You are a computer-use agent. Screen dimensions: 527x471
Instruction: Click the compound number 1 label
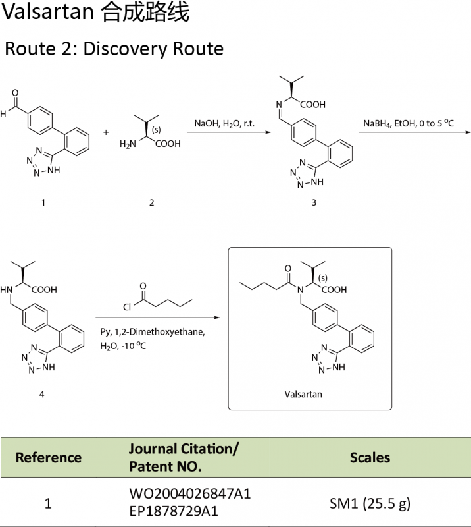[43, 202]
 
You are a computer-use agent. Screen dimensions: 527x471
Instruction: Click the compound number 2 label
[151, 202]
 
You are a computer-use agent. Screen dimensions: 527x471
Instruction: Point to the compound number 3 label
[314, 202]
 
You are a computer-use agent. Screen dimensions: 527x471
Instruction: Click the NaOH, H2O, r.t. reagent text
[224, 123]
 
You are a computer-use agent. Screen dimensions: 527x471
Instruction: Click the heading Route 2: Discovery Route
[114, 49]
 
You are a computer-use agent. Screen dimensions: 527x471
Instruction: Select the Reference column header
[48, 457]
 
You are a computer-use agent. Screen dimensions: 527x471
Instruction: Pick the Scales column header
[370, 457]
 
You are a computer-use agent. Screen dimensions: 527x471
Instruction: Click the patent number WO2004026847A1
[189, 493]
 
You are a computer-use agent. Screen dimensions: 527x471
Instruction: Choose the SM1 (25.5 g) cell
[370, 504]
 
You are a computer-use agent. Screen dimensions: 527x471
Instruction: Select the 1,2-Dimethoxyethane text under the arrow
[162, 332]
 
